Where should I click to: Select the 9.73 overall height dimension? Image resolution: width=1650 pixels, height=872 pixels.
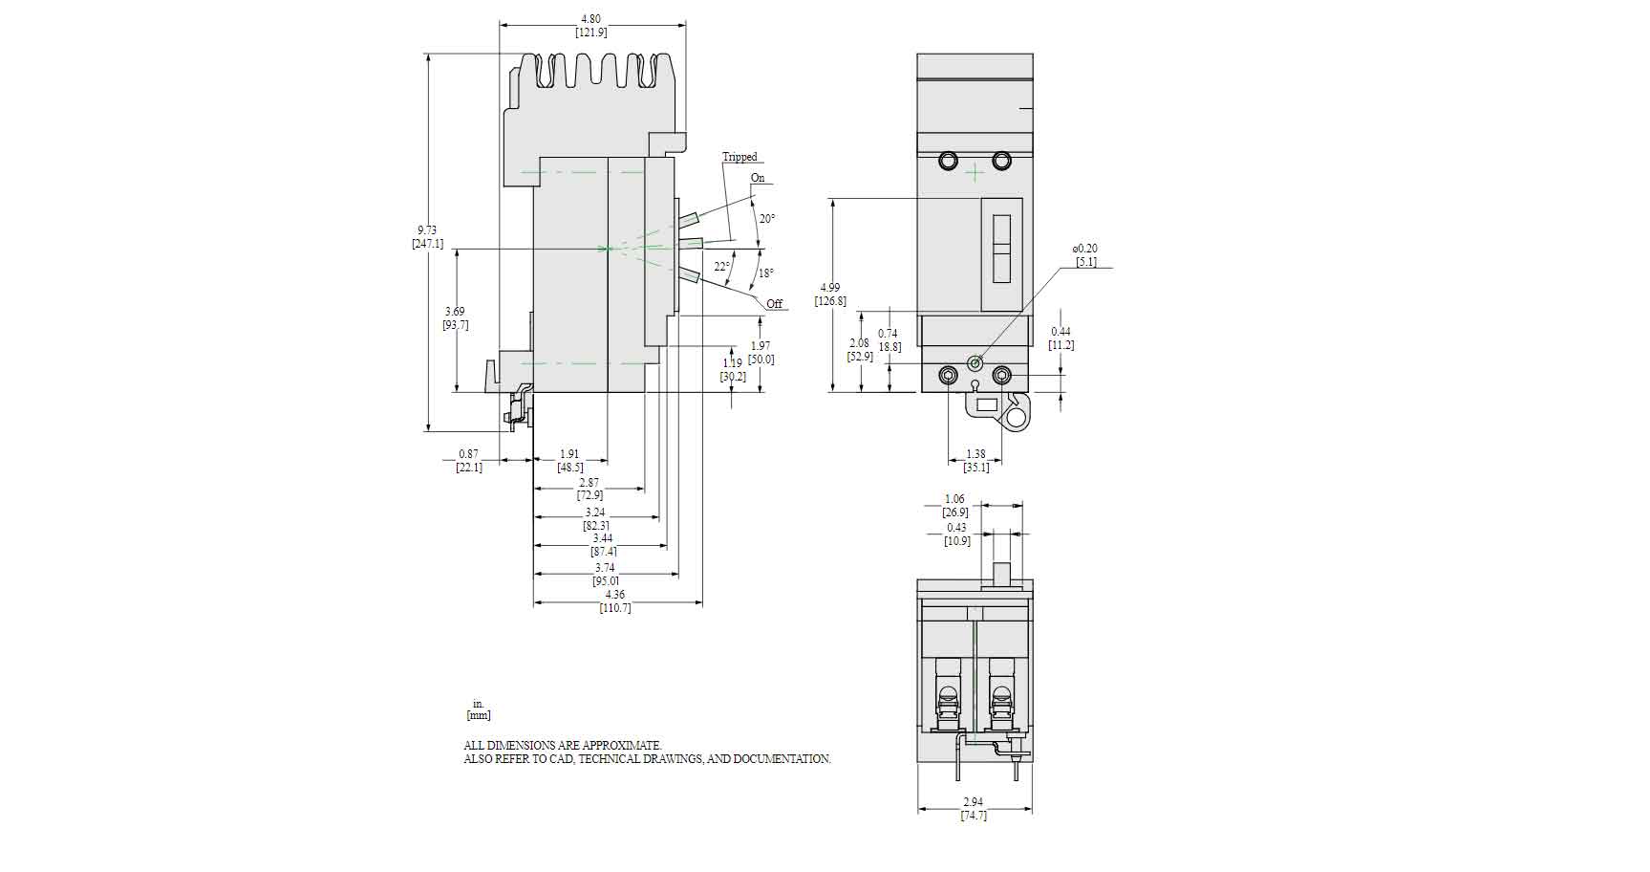(427, 229)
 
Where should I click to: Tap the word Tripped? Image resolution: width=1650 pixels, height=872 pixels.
(739, 157)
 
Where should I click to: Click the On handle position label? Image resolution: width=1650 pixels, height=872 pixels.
(758, 178)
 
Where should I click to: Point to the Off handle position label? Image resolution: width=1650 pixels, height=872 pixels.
(774, 304)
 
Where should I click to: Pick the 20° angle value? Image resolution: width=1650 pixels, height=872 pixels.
(767, 219)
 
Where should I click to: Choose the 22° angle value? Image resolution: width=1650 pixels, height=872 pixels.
(722, 267)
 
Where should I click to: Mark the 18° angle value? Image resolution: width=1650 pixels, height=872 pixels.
(766, 273)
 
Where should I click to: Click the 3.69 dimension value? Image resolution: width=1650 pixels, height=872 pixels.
(455, 311)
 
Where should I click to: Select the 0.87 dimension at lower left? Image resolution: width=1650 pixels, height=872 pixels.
(468, 453)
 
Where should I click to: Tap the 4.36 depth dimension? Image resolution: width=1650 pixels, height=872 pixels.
(615, 595)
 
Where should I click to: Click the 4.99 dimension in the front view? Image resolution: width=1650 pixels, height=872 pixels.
(830, 287)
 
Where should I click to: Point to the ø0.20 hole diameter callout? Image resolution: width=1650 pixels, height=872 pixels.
(1086, 249)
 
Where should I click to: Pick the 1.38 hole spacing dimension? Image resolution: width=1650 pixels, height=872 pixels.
(975, 454)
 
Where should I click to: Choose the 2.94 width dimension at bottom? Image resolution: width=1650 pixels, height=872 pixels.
(974, 802)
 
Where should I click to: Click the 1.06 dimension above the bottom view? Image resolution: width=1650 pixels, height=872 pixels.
(954, 499)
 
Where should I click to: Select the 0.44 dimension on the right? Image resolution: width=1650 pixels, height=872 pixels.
(1061, 332)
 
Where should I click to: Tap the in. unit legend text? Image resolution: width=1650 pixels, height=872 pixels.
(479, 704)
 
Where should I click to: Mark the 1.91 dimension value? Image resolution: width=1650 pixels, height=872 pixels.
(569, 453)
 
